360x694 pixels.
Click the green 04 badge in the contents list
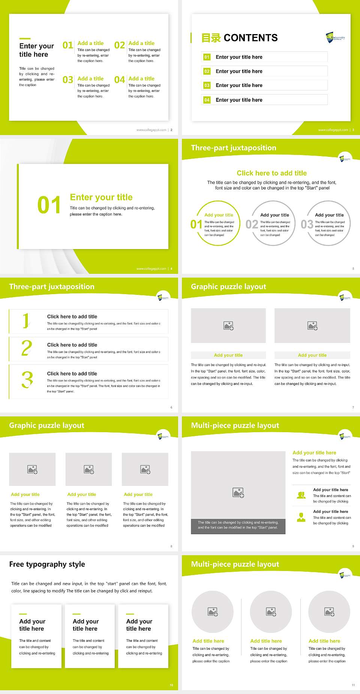pyautogui.click(x=207, y=100)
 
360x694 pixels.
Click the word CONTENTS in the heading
pyautogui.click(x=250, y=38)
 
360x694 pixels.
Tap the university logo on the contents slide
pyautogui.click(x=335, y=37)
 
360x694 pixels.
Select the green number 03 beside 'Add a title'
pyautogui.click(x=68, y=80)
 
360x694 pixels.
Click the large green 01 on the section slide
pyautogui.click(x=49, y=205)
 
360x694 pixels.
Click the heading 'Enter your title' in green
pyautogui.click(x=101, y=197)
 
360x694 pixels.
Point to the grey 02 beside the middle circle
pyautogui.click(x=252, y=224)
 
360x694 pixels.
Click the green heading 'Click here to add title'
pyautogui.click(x=271, y=173)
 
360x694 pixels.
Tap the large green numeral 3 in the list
pyautogui.click(x=27, y=380)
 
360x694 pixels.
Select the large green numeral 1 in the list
pyautogui.click(x=26, y=320)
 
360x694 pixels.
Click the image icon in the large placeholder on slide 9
pyautogui.click(x=238, y=493)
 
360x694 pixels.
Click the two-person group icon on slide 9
pyautogui.click(x=301, y=495)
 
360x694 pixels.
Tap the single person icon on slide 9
pyautogui.click(x=301, y=517)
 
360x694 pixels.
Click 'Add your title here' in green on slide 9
pyautogui.click(x=314, y=453)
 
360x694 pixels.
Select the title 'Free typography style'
pyautogui.click(x=47, y=564)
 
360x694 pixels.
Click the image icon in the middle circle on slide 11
pyautogui.click(x=271, y=612)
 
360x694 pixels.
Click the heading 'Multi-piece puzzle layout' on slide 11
pyautogui.click(x=235, y=564)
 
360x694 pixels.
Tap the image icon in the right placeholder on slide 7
pyautogui.click(x=312, y=326)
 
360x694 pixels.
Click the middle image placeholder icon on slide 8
pyautogui.click(x=89, y=469)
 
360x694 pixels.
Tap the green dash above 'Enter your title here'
pyautogui.click(x=25, y=38)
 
